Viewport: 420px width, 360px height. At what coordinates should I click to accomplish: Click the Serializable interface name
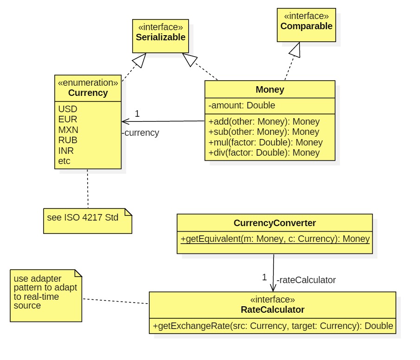click(160, 37)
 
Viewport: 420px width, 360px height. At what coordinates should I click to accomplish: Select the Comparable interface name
click(306, 26)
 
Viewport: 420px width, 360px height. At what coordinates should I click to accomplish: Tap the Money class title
click(270, 89)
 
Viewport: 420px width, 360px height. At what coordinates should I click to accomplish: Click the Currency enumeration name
click(88, 93)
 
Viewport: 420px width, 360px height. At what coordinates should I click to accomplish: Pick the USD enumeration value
click(68, 109)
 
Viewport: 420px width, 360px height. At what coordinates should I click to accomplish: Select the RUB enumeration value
click(68, 140)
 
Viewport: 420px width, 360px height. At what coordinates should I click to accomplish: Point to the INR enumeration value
click(66, 151)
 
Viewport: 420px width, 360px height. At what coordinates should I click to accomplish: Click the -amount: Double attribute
click(242, 106)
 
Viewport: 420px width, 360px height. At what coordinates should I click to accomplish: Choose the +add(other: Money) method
click(264, 122)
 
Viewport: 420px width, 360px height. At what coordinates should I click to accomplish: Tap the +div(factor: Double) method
click(264, 152)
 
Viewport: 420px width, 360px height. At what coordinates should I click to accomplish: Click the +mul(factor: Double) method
click(265, 142)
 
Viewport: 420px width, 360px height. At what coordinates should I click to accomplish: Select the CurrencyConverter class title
click(274, 223)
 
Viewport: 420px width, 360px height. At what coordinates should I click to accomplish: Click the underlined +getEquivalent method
click(275, 239)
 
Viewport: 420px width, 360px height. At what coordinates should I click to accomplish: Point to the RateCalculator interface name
click(272, 309)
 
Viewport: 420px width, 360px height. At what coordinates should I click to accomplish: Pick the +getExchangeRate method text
click(273, 326)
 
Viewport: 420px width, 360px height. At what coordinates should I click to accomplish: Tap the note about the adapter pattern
click(45, 292)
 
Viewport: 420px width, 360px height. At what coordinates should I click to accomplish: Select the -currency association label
click(140, 133)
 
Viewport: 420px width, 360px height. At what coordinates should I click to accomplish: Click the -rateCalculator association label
click(306, 280)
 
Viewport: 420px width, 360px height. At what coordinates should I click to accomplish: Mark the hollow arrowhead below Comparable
click(296, 50)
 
